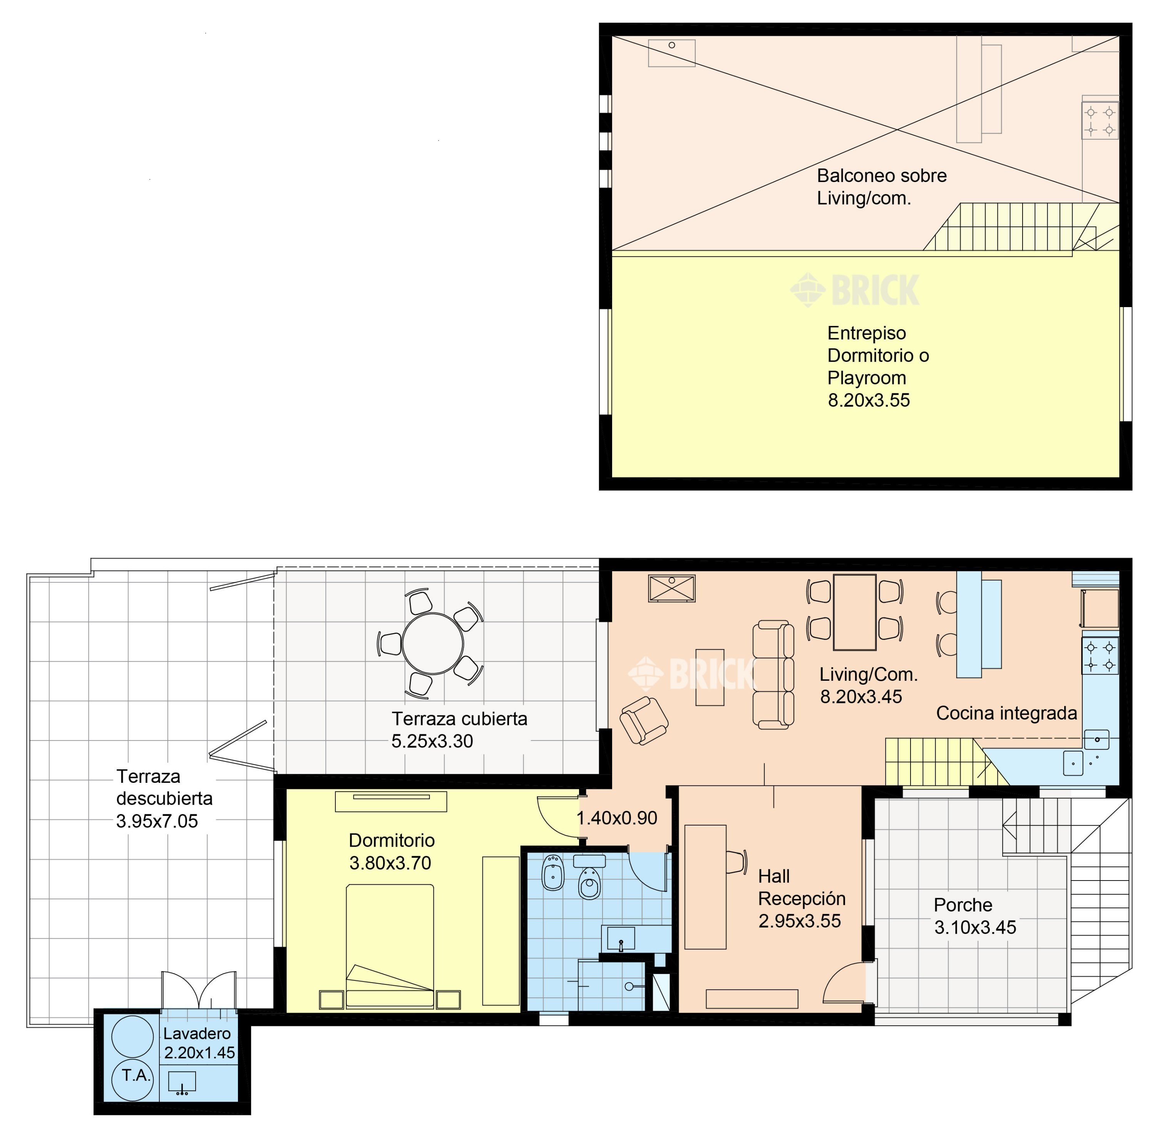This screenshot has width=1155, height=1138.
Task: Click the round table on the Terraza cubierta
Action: pos(433,644)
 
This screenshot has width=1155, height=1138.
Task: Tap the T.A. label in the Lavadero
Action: pos(136,1076)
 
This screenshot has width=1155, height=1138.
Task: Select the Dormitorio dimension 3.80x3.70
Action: pos(390,863)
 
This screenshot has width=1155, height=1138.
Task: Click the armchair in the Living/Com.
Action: pos(644,720)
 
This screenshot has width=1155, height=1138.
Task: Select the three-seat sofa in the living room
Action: pos(773,675)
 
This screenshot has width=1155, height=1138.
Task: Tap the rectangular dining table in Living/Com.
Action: pos(855,612)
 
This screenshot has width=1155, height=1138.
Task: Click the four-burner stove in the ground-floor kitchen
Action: pos(1100,656)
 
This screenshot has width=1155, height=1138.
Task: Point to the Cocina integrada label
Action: pos(1007,713)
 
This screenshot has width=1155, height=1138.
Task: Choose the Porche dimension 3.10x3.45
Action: pos(975,927)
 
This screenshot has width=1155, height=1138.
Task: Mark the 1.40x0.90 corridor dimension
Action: pos(617,818)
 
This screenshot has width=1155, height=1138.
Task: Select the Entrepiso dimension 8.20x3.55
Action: pos(869,401)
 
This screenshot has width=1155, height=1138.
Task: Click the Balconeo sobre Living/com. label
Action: pos(882,187)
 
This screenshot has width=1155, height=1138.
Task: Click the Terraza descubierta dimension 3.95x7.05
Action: pos(157,821)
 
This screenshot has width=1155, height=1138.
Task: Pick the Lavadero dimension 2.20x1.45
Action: pos(200,1053)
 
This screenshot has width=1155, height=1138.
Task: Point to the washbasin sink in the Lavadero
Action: pos(182,1083)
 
